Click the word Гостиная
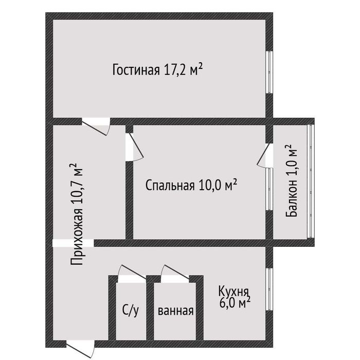[136, 69]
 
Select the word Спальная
[170, 185]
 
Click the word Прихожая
[77, 237]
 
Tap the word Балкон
[292, 199]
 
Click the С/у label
[131, 311]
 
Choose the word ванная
[176, 311]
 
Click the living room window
[269, 72]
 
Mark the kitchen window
[269, 290]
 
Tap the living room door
[96, 127]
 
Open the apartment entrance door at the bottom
[81, 349]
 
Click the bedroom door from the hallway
[134, 147]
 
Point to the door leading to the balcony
[264, 156]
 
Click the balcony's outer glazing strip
[310, 182]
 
